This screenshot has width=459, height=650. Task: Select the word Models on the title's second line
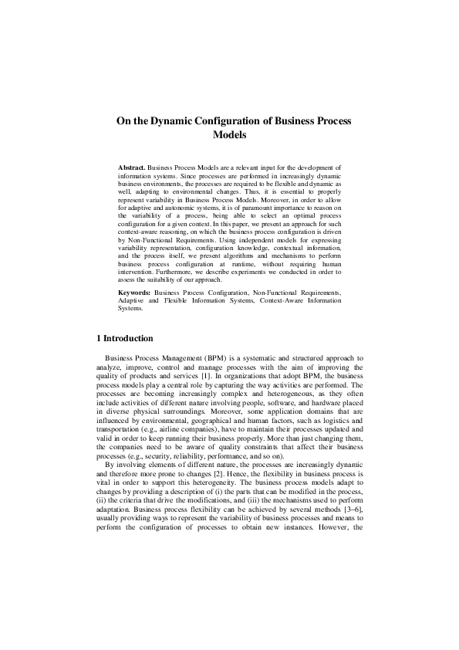229,135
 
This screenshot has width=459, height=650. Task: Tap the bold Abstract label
131,167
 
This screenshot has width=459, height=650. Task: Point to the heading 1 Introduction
123,338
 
